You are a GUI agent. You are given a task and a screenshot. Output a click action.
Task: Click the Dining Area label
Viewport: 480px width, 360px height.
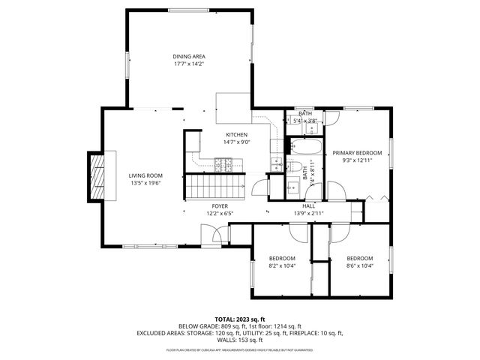pyautogui.click(x=189, y=56)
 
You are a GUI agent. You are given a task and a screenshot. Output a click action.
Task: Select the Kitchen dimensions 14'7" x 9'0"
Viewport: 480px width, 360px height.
pyautogui.click(x=236, y=142)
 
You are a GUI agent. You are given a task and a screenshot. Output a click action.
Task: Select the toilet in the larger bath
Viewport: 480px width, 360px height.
pyautogui.click(x=294, y=166)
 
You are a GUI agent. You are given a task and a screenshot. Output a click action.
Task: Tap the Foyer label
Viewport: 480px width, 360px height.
pyautogui.click(x=220, y=205)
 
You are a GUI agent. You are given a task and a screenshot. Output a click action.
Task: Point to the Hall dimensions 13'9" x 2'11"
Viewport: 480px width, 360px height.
pyautogui.click(x=308, y=213)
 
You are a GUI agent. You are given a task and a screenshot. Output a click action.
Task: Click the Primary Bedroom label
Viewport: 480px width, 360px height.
pyautogui.click(x=357, y=153)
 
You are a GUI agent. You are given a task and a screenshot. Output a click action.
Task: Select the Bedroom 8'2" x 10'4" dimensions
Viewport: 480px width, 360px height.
pyautogui.click(x=282, y=265)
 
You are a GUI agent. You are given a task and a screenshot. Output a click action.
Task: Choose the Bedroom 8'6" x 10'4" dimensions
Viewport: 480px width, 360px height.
pyautogui.click(x=359, y=265)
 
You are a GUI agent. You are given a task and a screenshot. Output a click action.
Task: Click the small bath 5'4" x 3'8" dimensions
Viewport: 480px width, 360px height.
pyautogui.click(x=304, y=120)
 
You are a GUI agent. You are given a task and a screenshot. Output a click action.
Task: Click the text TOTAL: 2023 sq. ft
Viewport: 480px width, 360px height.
pyautogui.click(x=239, y=319)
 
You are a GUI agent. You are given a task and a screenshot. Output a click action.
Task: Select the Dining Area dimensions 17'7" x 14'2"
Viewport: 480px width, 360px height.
pyautogui.click(x=189, y=64)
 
